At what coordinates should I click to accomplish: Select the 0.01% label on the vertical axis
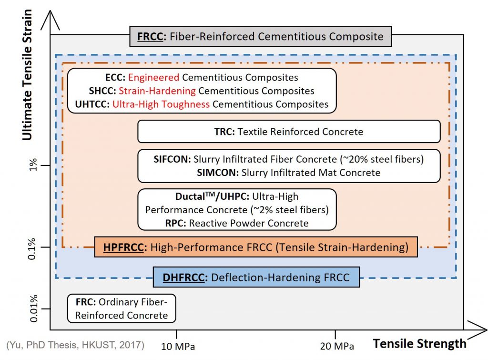coord(32,309)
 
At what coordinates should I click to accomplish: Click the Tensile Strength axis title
coord(419,343)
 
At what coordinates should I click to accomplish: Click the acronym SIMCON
coord(217,173)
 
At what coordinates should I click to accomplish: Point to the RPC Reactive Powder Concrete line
coord(237,223)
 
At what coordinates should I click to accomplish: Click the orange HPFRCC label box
coord(256,247)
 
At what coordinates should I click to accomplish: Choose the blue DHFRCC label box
coord(256,277)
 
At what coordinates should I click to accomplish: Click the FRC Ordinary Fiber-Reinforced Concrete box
coord(122,309)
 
